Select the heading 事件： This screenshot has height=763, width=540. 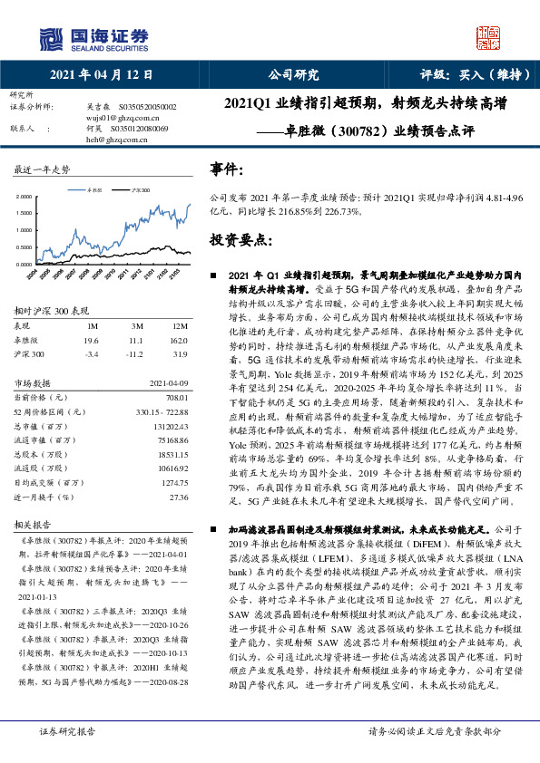pos(227,169)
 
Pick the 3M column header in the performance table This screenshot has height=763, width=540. pos(137,325)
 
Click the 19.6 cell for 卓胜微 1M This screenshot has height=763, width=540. pos(90,340)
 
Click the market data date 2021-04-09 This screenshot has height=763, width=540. pos(169,382)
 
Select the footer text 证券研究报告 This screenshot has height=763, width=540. pos(67,730)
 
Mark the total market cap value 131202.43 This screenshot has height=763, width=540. pos(172,425)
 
